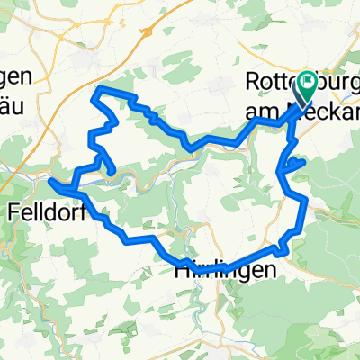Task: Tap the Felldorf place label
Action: click(x=44, y=213)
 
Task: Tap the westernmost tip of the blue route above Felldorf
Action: click(x=50, y=181)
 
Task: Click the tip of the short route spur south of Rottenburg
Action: click(x=305, y=161)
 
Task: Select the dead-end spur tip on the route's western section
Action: click(x=113, y=171)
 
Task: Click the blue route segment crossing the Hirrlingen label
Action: click(x=216, y=266)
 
